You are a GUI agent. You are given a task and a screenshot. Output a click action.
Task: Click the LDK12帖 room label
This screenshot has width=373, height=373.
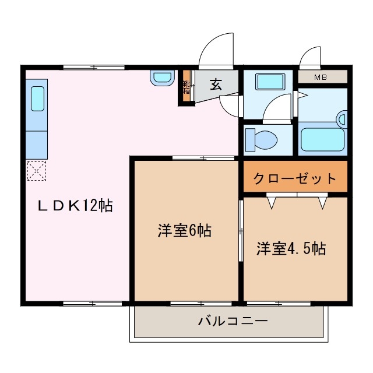coord(75,206)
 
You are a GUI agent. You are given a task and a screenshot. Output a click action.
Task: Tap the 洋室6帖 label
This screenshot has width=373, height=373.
coord(184,231)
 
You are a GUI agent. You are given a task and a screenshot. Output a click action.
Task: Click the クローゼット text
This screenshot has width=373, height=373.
coord(295,178)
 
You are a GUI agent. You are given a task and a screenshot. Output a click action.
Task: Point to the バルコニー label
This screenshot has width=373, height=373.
coord(232,321)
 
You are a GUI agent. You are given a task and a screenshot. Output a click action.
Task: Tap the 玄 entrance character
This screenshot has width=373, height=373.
coord(216,85)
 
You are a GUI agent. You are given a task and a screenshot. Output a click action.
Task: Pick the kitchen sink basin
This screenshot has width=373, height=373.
coord(37,98)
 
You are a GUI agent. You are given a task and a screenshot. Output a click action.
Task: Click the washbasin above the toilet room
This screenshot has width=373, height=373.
coord(269,82)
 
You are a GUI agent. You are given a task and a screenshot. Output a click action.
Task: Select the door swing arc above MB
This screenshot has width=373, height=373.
coord(309,58)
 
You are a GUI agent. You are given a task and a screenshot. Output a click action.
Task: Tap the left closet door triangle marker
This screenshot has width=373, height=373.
coord(272,202)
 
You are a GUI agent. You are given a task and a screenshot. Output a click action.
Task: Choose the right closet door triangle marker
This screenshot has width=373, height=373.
coord(323,202)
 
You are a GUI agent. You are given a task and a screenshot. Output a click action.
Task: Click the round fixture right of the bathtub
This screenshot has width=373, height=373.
coord(342,119)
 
